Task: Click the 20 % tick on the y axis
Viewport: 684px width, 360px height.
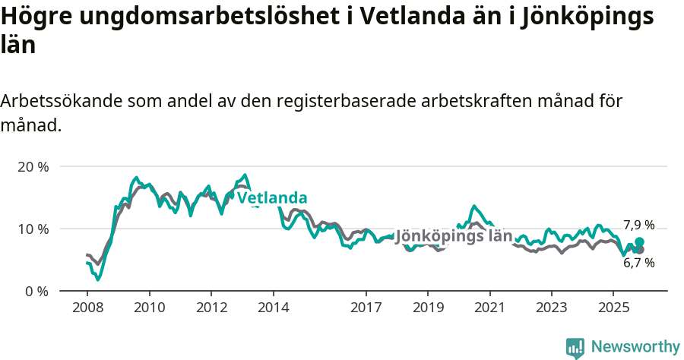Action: (33, 166)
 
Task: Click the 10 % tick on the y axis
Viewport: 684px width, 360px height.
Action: (33, 229)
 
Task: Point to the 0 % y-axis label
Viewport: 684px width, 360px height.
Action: (36, 291)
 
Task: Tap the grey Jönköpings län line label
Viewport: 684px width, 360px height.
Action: (454, 236)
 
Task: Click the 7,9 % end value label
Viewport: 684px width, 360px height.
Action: (638, 225)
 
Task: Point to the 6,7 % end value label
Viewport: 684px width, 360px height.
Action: (638, 263)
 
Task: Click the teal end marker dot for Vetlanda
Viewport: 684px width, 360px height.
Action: (639, 242)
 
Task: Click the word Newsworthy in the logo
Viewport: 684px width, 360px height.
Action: (635, 347)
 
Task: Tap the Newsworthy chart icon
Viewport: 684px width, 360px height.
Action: (575, 348)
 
